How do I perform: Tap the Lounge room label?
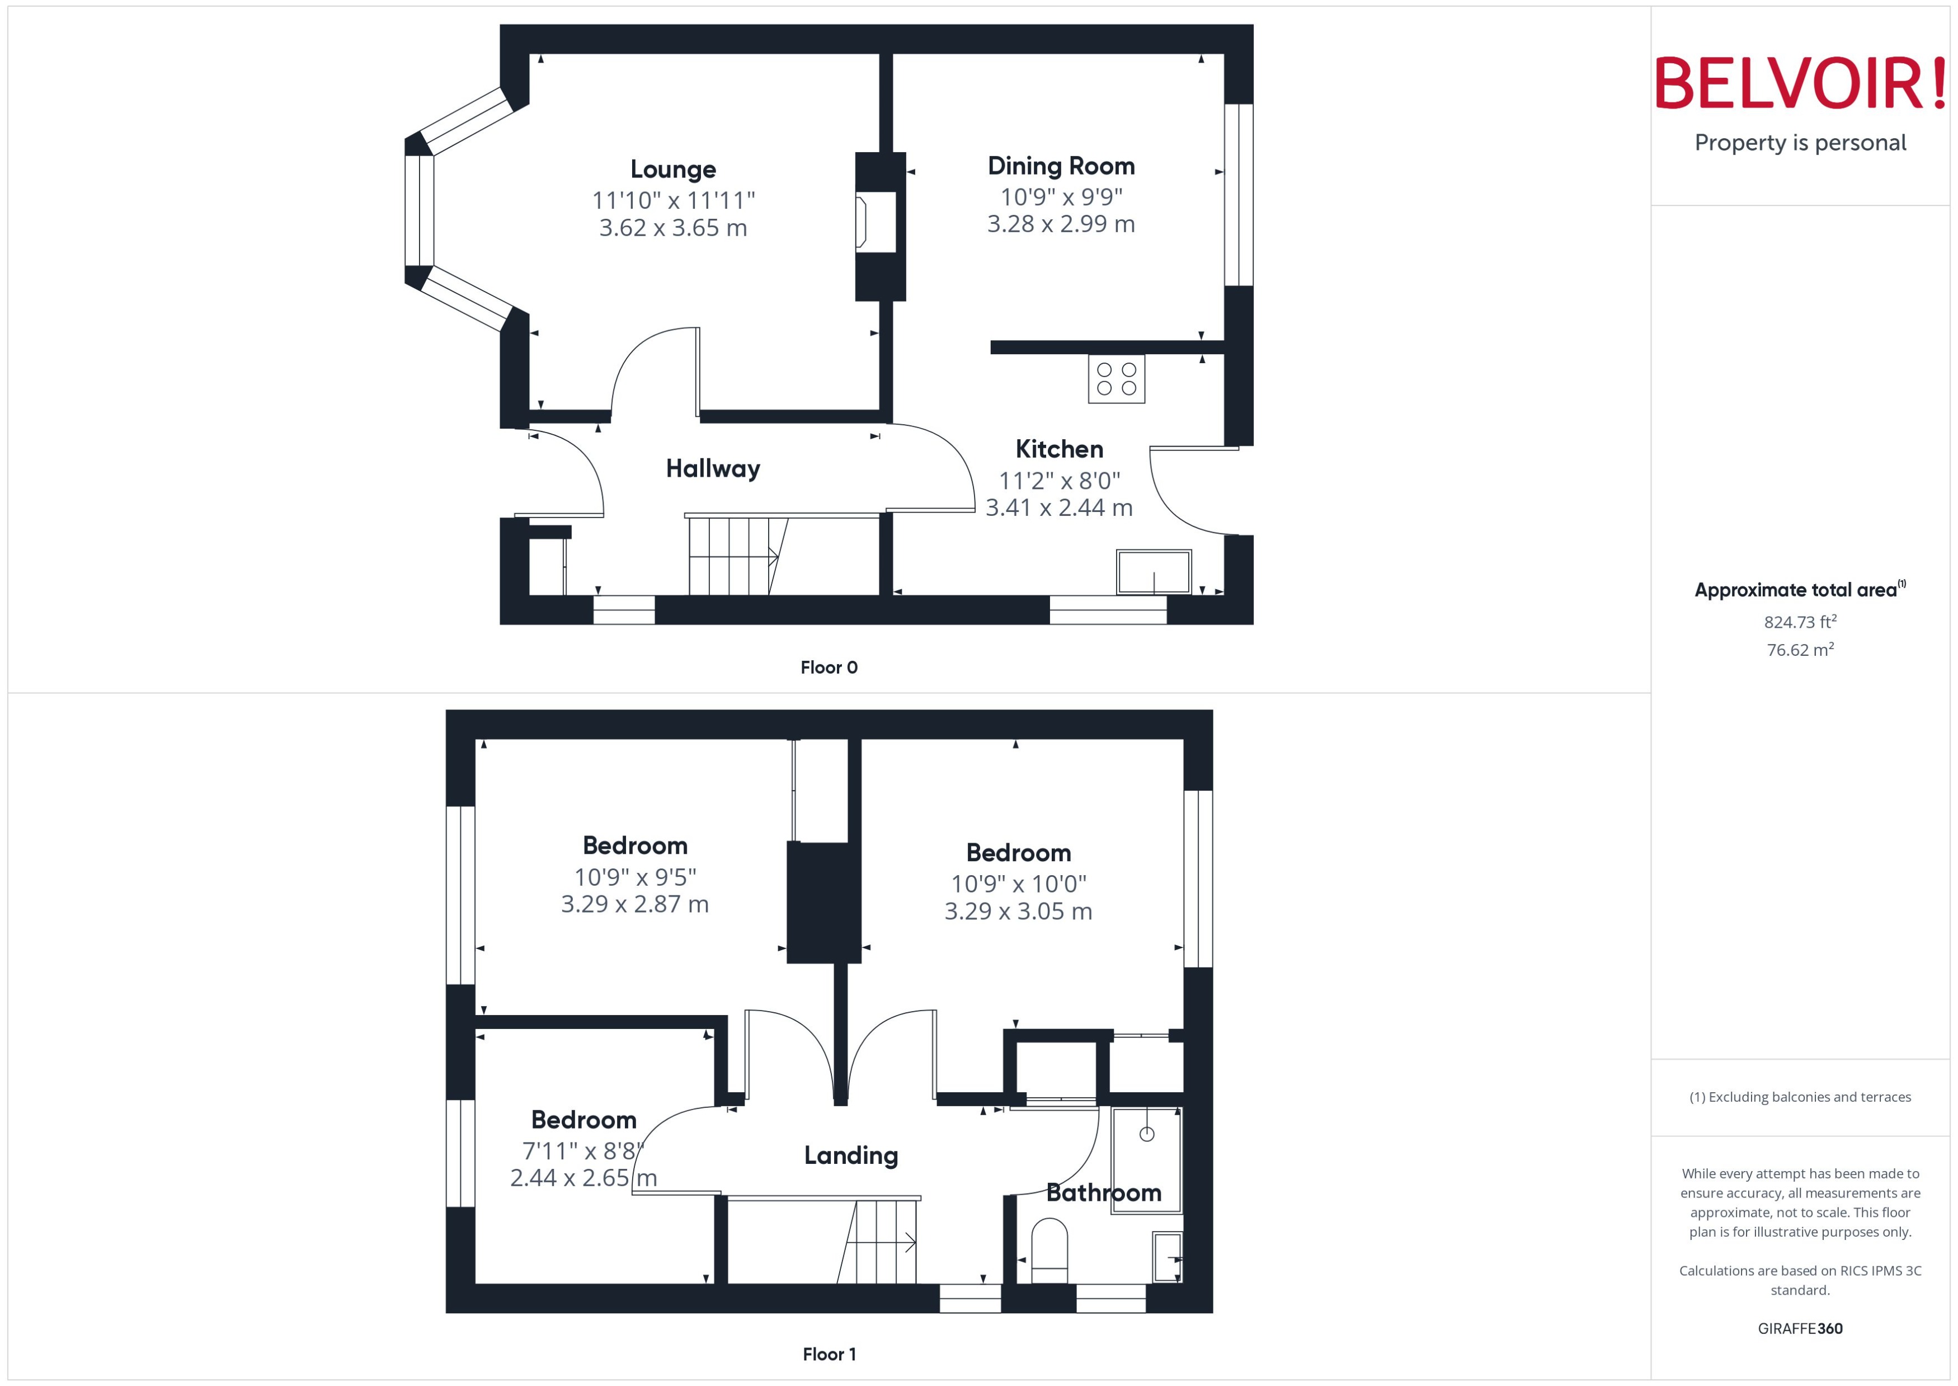(672, 169)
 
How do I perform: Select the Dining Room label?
(1061, 166)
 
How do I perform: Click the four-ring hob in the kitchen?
(1116, 379)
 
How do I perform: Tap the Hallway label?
(712, 468)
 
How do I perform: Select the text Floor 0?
(829, 668)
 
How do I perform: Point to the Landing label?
(850, 1155)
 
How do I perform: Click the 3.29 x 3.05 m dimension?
(1018, 912)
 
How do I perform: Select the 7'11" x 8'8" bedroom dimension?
(583, 1150)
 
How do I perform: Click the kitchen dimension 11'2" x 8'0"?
(1059, 481)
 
